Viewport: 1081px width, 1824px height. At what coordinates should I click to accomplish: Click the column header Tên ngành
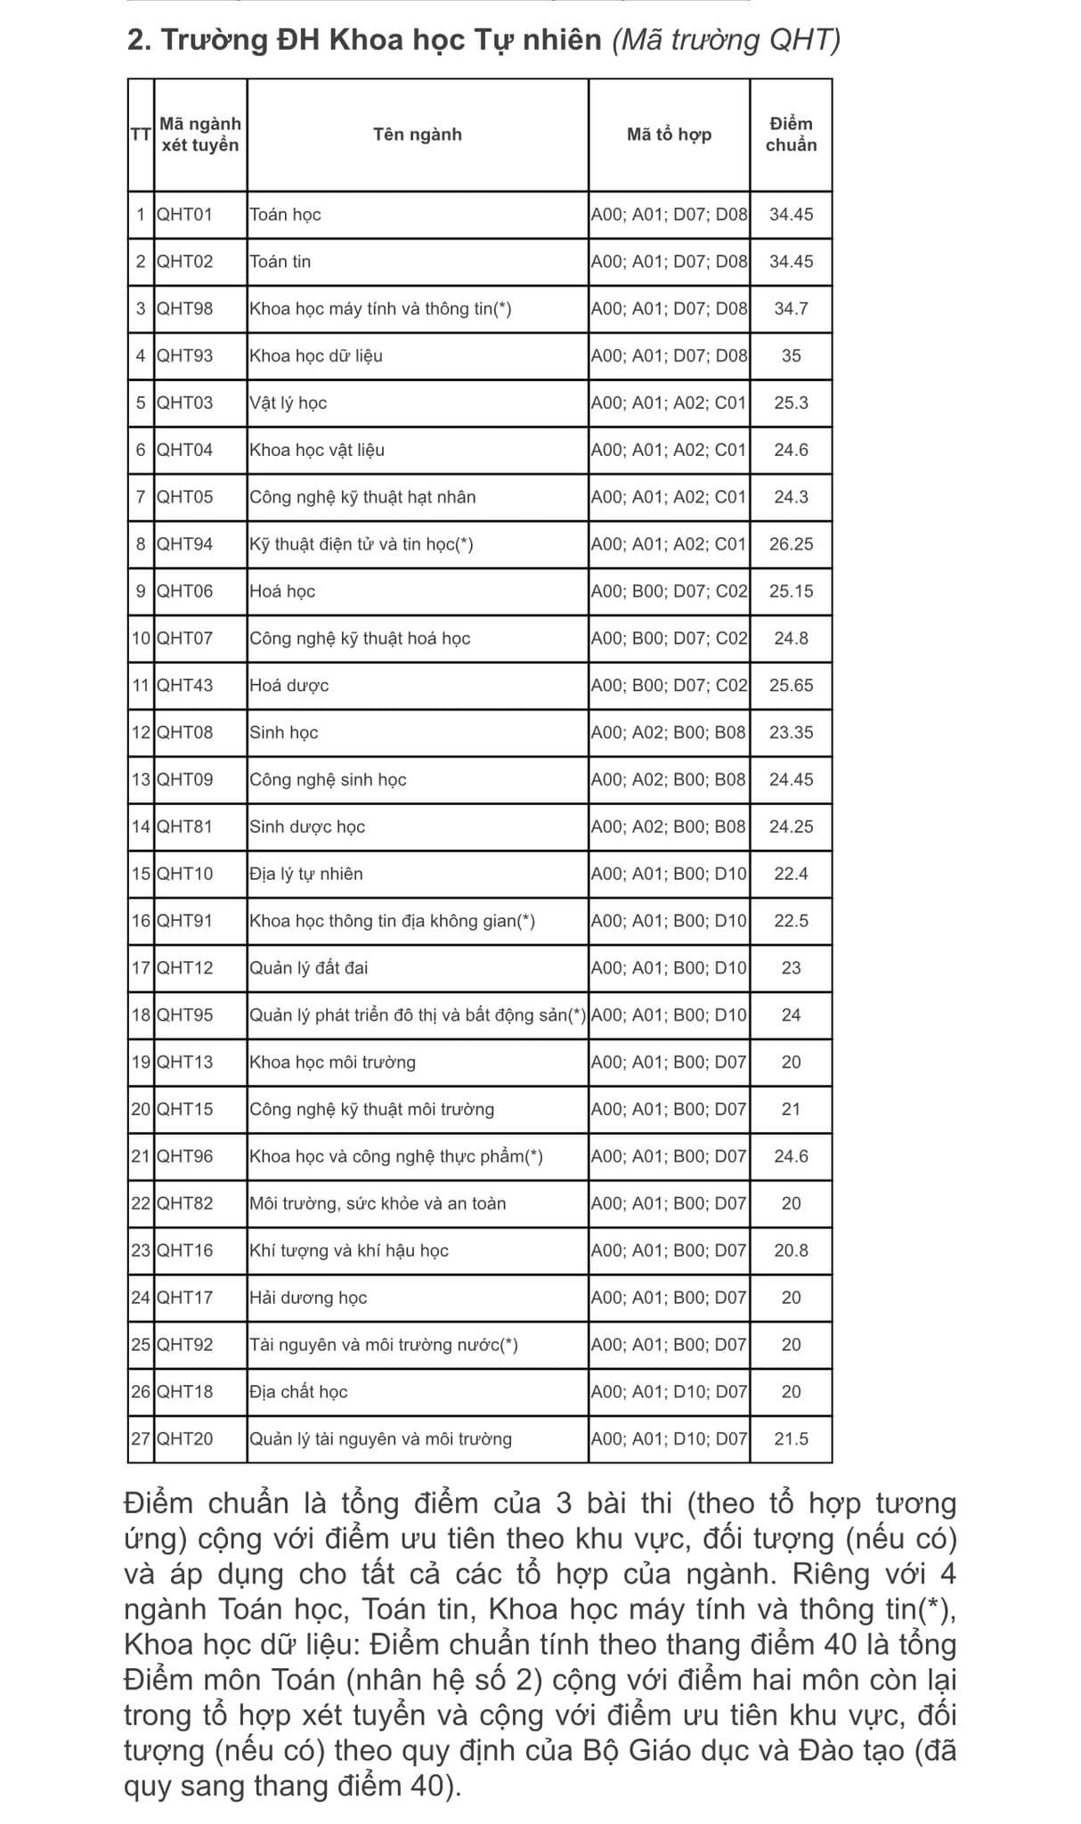point(417,134)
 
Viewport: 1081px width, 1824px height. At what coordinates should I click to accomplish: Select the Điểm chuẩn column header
point(791,134)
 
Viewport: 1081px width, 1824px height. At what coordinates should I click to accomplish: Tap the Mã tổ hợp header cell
point(669,134)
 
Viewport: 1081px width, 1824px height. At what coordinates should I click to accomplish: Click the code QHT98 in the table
point(185,309)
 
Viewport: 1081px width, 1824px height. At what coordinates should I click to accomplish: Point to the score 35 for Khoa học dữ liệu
point(791,356)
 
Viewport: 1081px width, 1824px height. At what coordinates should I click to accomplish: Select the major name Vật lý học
point(289,403)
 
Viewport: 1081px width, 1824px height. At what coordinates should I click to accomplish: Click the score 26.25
point(791,544)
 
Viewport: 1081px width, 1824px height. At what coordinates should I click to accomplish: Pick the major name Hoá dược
point(289,686)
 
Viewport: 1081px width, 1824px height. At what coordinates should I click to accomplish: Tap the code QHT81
point(185,826)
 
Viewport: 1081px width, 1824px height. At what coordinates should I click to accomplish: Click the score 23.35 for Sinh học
point(791,733)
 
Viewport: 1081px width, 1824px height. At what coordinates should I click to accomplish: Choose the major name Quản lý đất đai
point(309,968)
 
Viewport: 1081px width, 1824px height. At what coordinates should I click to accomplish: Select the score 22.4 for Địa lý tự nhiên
point(791,874)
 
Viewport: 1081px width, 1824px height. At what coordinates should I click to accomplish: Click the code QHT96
point(185,1157)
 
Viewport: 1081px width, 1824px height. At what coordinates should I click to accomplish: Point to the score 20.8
point(791,1250)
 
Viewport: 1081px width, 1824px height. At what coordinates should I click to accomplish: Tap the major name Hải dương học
point(308,1298)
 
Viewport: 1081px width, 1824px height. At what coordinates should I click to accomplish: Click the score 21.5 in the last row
point(791,1439)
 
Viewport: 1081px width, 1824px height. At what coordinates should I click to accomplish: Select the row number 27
point(141,1439)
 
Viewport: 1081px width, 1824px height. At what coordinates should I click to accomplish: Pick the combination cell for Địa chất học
point(669,1392)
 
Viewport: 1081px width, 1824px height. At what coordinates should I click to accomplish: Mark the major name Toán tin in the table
point(280,262)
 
